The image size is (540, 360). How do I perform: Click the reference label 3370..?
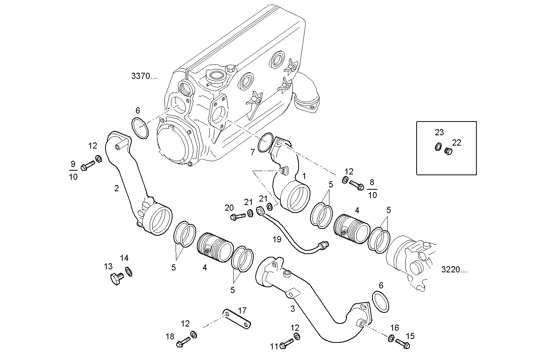pyautogui.click(x=144, y=76)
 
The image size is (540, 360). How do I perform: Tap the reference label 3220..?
pyautogui.click(x=454, y=270)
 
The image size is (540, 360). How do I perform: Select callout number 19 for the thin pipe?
pyautogui.click(x=277, y=239)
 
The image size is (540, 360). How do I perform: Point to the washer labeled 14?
pyautogui.click(x=129, y=271)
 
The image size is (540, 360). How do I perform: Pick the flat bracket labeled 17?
pyautogui.click(x=238, y=319)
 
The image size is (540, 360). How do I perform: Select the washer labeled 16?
pyautogui.click(x=391, y=338)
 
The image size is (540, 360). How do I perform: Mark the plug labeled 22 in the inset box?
pyautogui.click(x=449, y=151)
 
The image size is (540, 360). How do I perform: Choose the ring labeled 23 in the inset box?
pyautogui.click(x=438, y=146)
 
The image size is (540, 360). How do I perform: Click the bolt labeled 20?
pyautogui.click(x=238, y=217)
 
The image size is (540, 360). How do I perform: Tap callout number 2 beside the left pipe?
pyautogui.click(x=117, y=188)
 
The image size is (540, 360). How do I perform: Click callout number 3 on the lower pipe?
pyautogui.click(x=292, y=309)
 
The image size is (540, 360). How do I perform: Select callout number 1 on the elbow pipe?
pyautogui.click(x=304, y=176)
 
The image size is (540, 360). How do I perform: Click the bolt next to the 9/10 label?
pyautogui.click(x=87, y=166)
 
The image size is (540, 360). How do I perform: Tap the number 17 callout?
pyautogui.click(x=242, y=310)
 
